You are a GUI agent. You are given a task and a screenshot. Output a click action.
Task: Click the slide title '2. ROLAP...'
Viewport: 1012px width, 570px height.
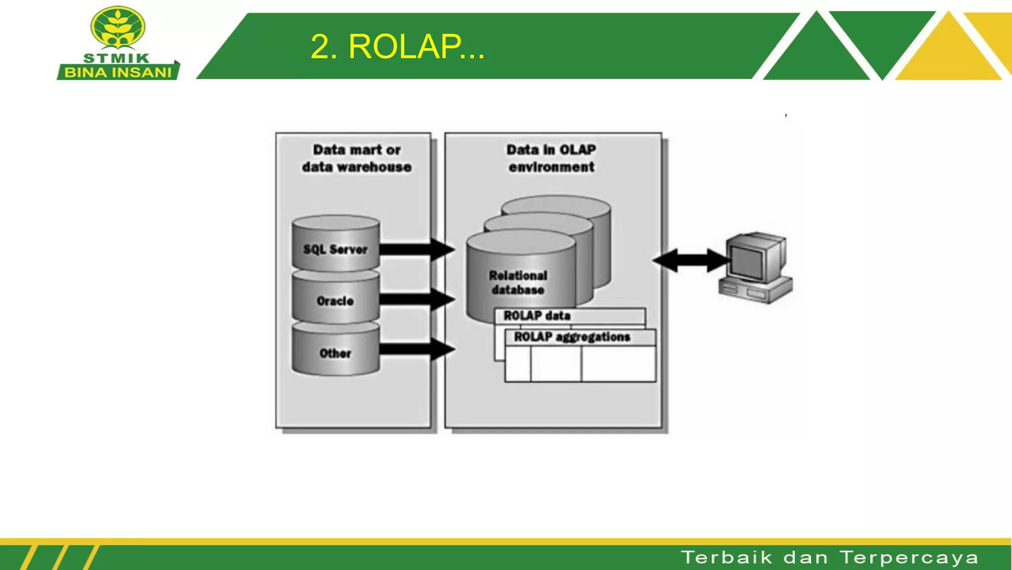(397, 47)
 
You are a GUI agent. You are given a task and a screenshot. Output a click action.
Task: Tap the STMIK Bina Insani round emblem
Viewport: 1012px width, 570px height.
(118, 28)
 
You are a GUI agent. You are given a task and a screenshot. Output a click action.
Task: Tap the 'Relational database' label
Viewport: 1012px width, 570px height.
(518, 283)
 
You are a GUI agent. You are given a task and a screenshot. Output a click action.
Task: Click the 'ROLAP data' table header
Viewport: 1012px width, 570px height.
(537, 316)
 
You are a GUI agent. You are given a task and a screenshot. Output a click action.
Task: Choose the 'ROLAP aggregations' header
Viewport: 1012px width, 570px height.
(572, 337)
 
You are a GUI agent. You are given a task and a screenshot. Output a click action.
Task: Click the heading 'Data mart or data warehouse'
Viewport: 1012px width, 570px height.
(356, 158)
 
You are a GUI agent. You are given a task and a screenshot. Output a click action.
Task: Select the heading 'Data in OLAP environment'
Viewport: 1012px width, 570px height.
(551, 158)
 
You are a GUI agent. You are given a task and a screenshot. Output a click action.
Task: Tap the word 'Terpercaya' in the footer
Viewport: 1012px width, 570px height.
(909, 558)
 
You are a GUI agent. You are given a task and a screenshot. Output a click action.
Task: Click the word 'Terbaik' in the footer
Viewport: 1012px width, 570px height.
(726, 558)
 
